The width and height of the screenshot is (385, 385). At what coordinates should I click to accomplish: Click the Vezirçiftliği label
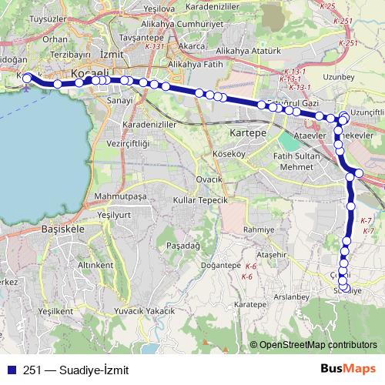[127, 143]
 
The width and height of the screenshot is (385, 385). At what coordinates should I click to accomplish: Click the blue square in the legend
[11, 369]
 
